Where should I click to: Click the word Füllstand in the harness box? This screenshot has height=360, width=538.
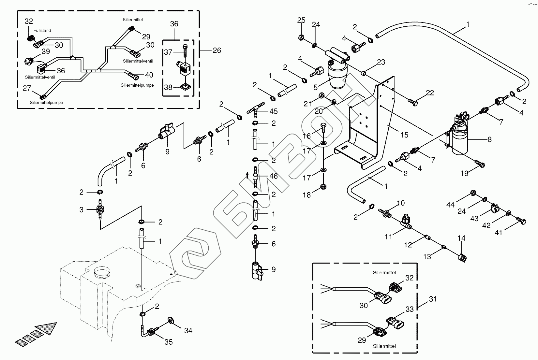point(42,31)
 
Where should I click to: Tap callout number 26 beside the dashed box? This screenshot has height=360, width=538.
point(217,50)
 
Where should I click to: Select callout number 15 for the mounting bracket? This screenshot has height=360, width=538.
point(404,135)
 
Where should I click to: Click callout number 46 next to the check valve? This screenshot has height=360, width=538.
point(273,176)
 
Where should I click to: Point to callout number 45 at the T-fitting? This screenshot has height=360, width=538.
point(273,111)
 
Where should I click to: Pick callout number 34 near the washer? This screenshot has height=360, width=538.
point(188,331)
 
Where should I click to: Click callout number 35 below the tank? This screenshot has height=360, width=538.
point(168,342)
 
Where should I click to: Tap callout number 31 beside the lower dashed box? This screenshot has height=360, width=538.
point(433,299)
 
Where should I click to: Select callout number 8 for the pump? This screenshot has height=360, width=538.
point(489,139)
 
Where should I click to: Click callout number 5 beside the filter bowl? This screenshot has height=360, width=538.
point(316,87)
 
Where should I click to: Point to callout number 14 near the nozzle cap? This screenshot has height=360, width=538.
point(461,238)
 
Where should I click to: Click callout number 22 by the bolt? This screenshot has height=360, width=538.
point(430,93)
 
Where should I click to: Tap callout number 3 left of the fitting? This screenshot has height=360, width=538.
point(82,210)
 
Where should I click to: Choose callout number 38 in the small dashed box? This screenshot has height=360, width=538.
point(168,87)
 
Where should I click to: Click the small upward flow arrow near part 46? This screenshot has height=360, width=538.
point(247,176)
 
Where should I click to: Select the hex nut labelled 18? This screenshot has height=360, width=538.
point(323,186)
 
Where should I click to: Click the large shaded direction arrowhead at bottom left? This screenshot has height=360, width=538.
point(47,329)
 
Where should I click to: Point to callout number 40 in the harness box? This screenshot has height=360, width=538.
point(149,75)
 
